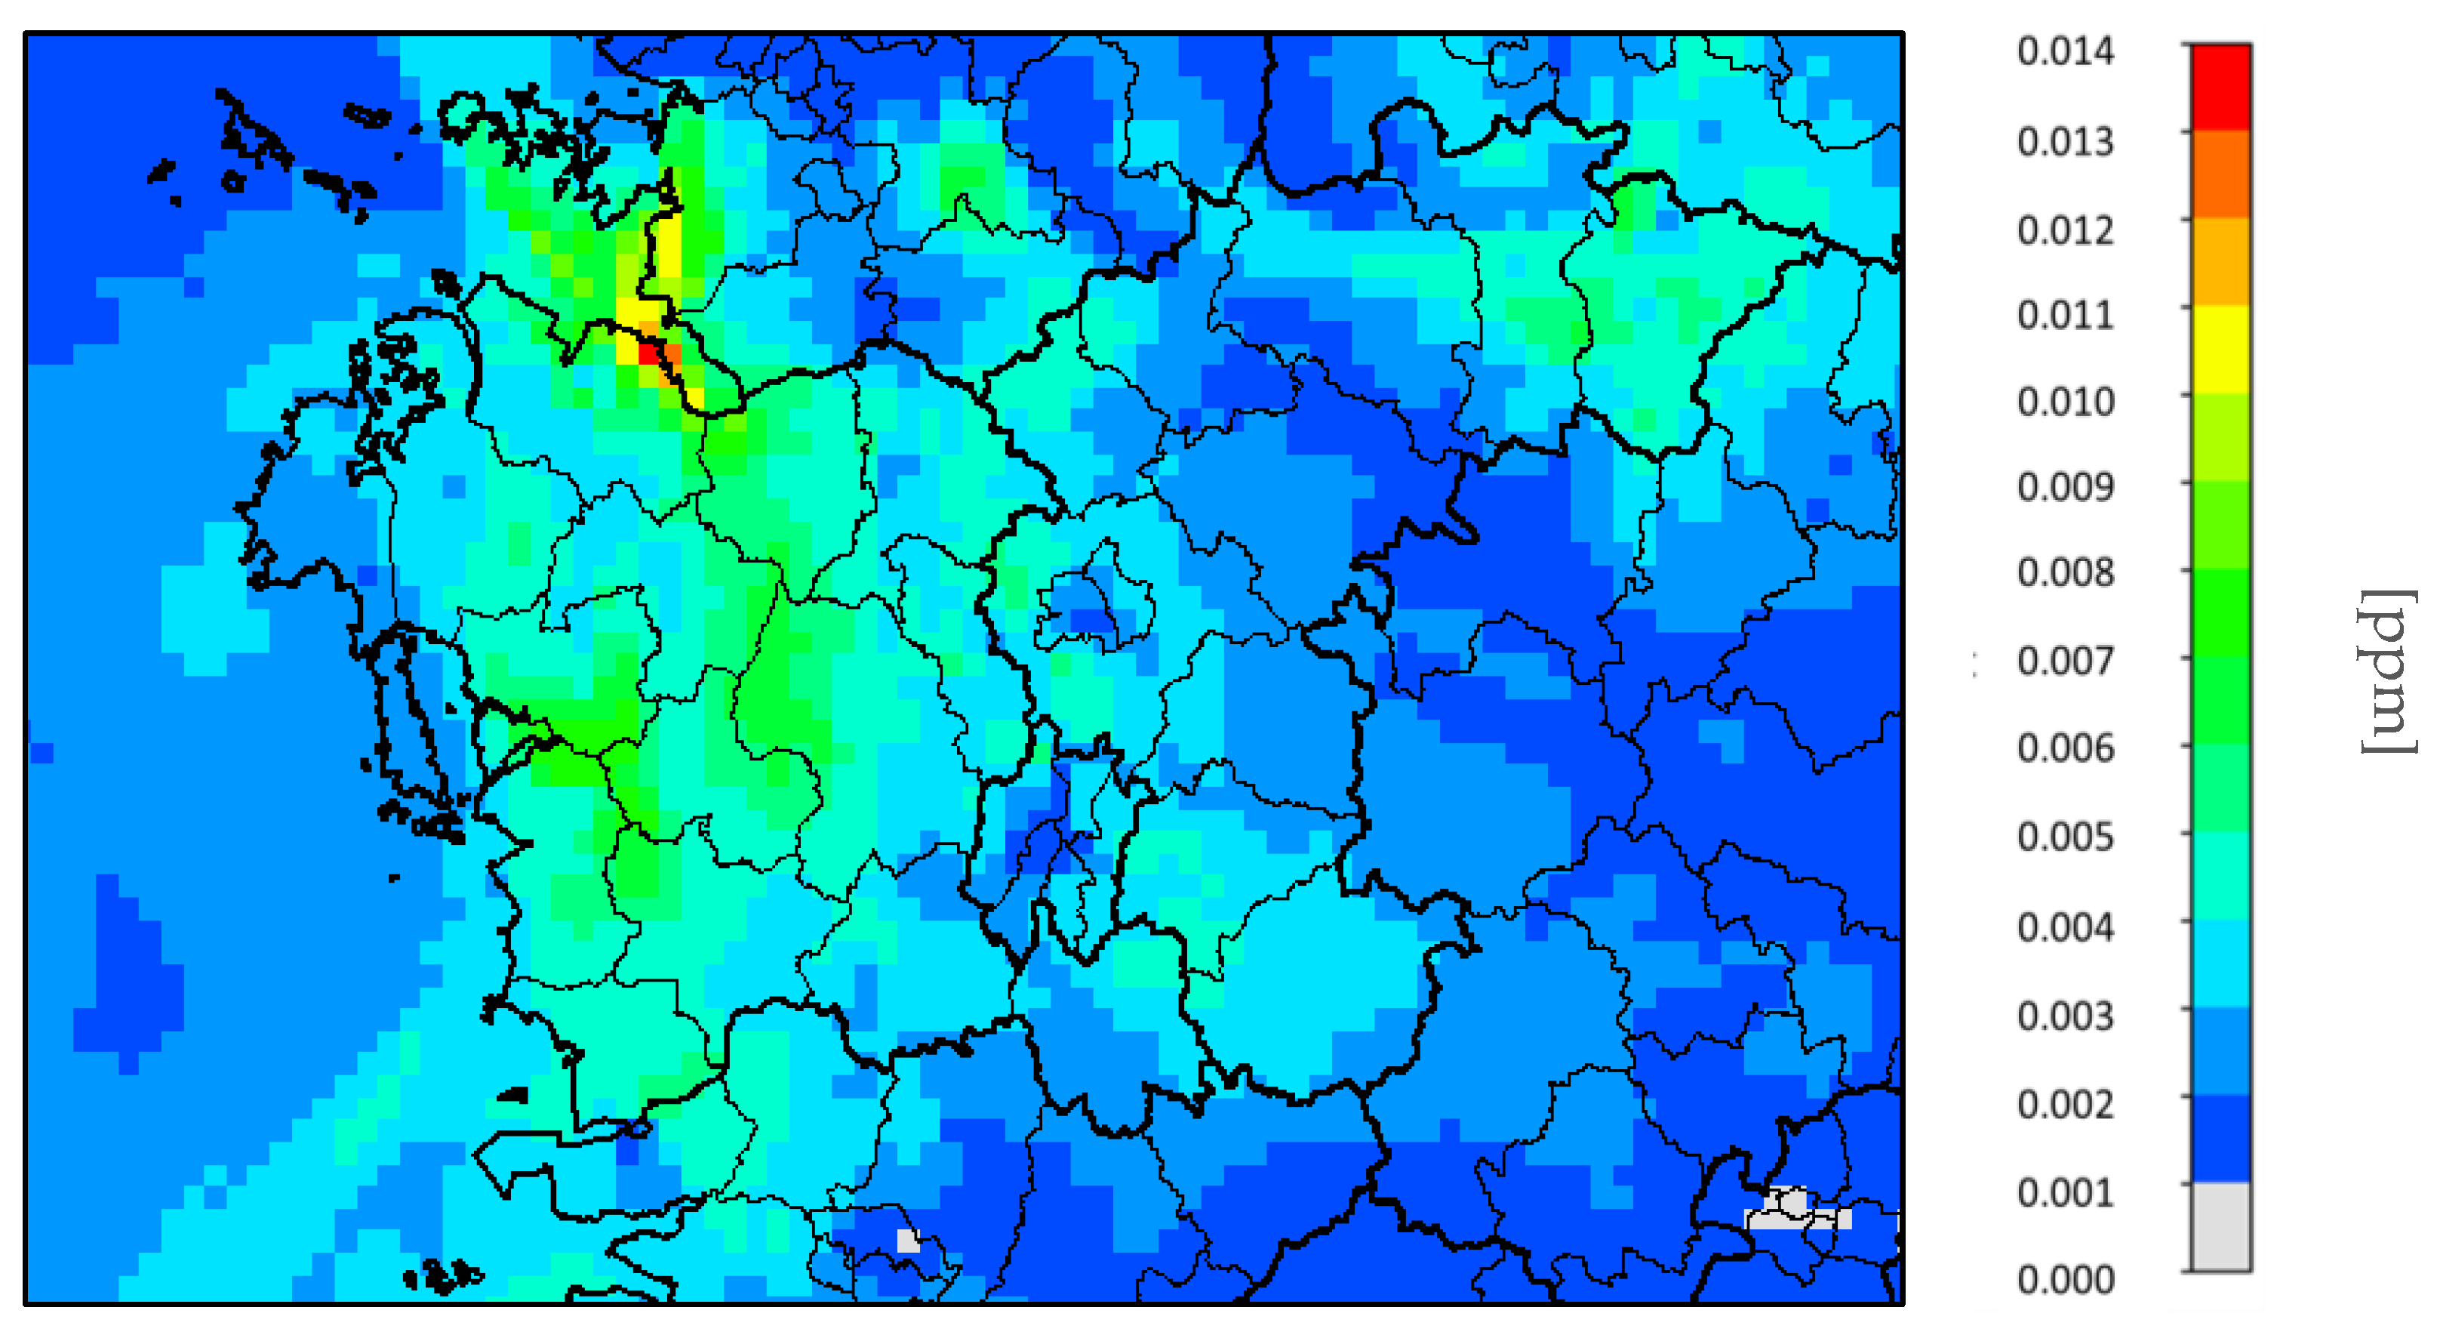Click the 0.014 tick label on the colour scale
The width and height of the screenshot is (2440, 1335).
(2065, 52)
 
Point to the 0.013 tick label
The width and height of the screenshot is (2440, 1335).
(2065, 142)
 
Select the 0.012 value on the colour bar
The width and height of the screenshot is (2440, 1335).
(2065, 230)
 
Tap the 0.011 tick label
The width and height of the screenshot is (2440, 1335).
(2065, 316)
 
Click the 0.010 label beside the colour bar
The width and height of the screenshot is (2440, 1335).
(2065, 402)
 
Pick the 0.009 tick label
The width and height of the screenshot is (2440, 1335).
(2065, 488)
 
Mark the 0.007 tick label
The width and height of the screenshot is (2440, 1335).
(2065, 661)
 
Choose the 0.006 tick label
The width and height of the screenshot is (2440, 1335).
(2065, 748)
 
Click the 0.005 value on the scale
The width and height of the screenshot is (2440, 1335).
(2065, 837)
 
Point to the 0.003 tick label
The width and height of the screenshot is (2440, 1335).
(2065, 1016)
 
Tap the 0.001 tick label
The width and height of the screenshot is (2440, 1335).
(2065, 1193)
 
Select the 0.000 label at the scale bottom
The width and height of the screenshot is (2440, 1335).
(2065, 1280)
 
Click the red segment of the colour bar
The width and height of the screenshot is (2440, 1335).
(2221, 87)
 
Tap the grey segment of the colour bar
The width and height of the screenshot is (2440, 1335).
(2221, 1226)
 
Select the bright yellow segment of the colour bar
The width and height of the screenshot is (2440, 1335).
(2221, 349)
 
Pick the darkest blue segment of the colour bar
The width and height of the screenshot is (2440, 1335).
(2221, 1138)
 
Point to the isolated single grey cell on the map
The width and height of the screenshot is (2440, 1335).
(907, 1241)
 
